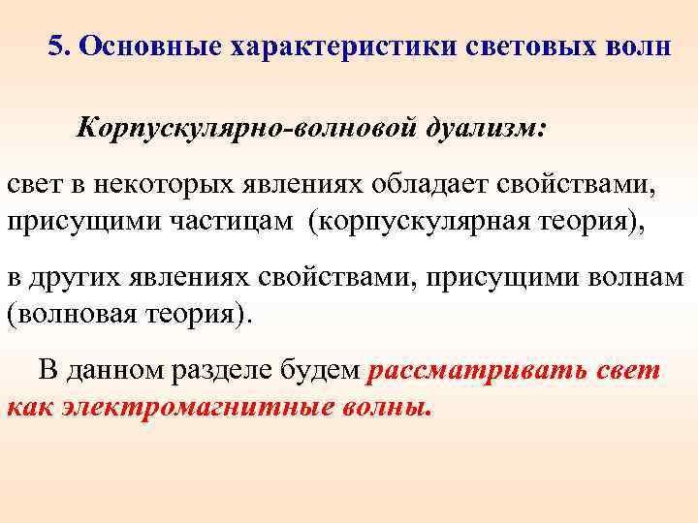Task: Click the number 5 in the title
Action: click(x=56, y=45)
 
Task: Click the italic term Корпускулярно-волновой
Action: click(x=247, y=128)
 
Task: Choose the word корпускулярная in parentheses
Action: click(x=420, y=222)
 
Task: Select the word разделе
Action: click(x=248, y=370)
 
